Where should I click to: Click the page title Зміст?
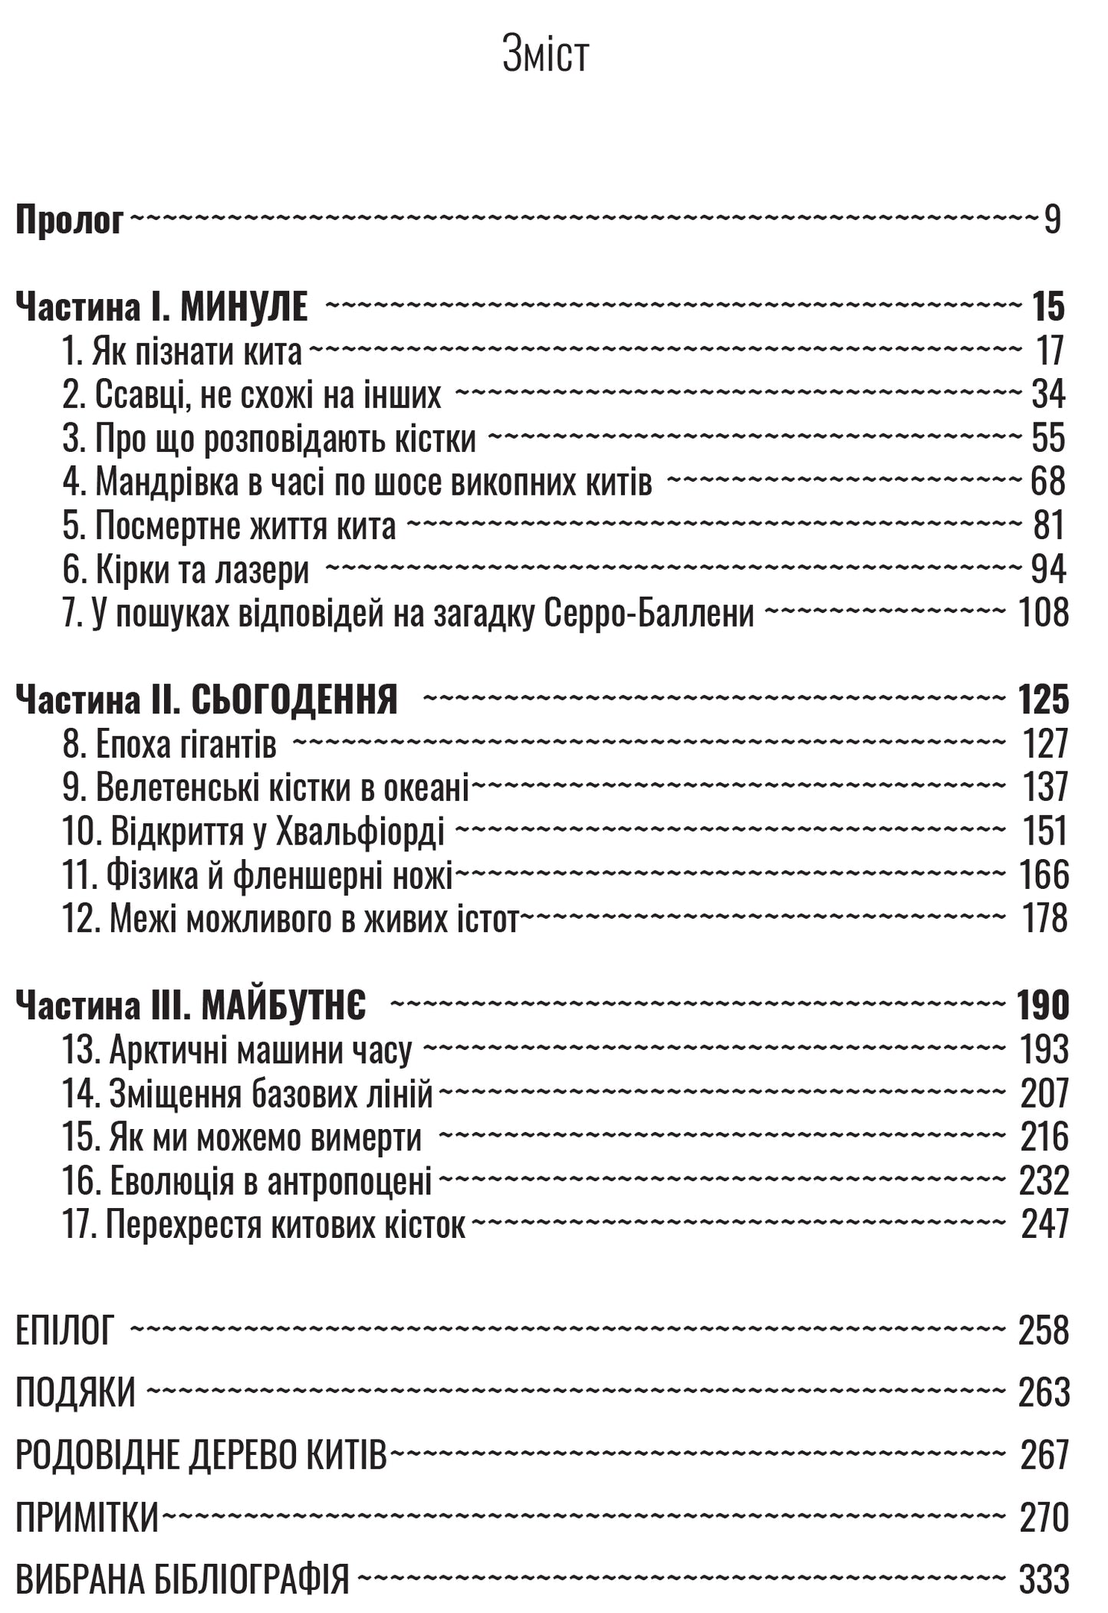(545, 56)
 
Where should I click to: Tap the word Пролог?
(70, 221)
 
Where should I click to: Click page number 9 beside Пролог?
(1052, 220)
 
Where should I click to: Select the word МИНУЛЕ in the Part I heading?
(244, 308)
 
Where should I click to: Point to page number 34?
(1048, 395)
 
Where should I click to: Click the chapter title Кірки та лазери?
(202, 570)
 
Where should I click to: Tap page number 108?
(1043, 613)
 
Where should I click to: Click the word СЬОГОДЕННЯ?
(294, 700)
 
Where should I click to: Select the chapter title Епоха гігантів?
(186, 744)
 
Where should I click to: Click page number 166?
(1043, 875)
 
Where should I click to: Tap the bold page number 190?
(1042, 1006)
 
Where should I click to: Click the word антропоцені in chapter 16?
(350, 1181)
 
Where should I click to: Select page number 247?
(1044, 1224)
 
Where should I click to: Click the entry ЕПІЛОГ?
(65, 1332)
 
